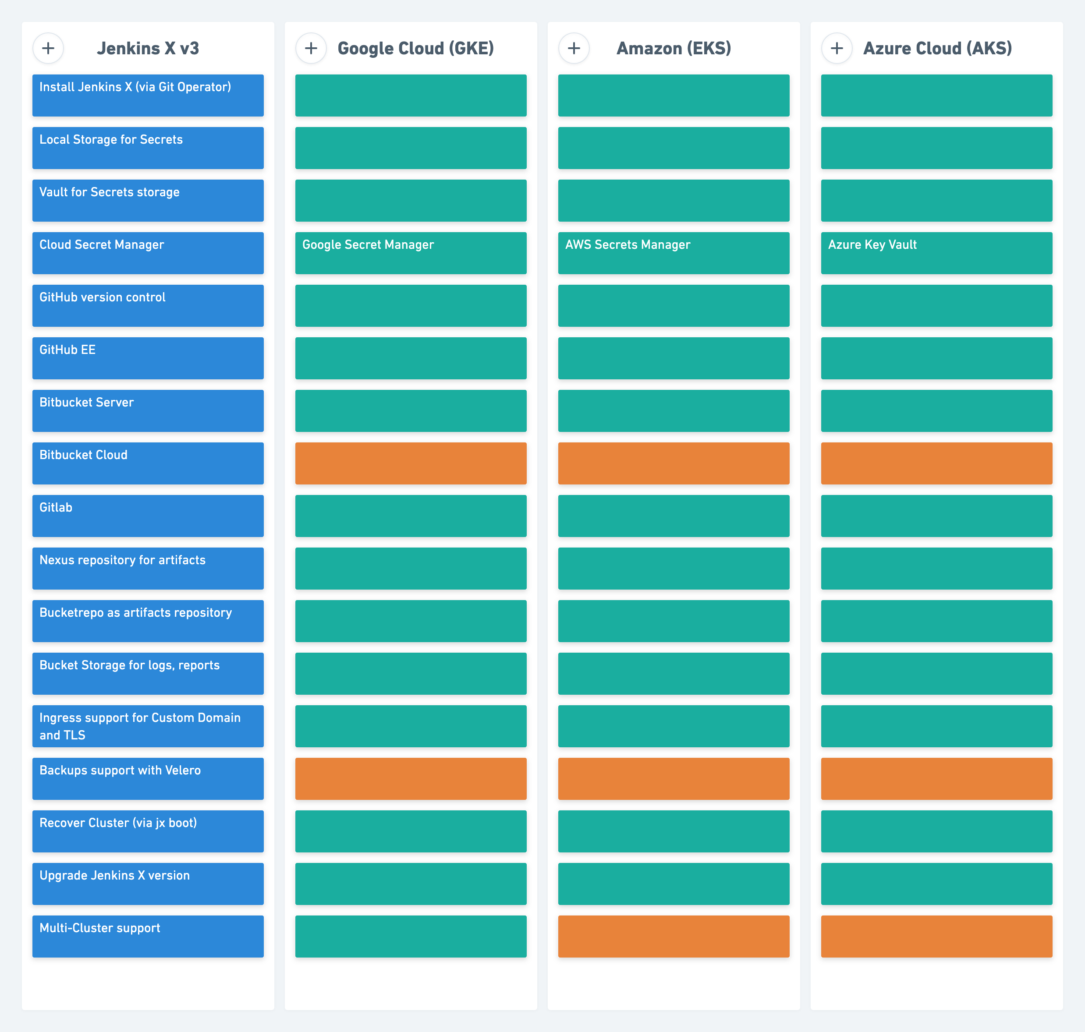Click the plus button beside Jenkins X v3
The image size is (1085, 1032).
tap(48, 49)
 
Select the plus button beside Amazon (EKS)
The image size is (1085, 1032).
tap(574, 49)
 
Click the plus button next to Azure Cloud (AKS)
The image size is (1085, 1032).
tap(837, 49)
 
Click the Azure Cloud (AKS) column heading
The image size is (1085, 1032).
tap(938, 49)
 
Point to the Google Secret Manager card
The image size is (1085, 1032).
tap(411, 253)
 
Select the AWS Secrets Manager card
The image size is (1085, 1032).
tap(674, 253)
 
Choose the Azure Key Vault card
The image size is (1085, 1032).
tap(937, 253)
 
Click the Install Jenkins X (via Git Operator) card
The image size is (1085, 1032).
tap(148, 95)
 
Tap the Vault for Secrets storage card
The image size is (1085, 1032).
tap(148, 200)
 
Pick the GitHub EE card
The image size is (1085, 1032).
tap(148, 358)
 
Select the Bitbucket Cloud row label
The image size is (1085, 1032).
tap(148, 463)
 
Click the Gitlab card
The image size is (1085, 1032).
tap(148, 516)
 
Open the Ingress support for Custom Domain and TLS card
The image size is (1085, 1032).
tap(148, 726)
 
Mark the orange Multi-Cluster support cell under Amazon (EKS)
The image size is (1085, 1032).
tap(674, 936)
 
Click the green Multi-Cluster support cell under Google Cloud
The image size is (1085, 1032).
tap(411, 936)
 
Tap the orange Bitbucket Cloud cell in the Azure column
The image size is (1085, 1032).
tap(937, 463)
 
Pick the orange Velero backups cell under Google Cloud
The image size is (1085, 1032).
tap(411, 778)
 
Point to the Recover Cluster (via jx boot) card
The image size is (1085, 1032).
tap(148, 831)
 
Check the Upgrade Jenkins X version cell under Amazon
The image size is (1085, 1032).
tap(674, 884)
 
